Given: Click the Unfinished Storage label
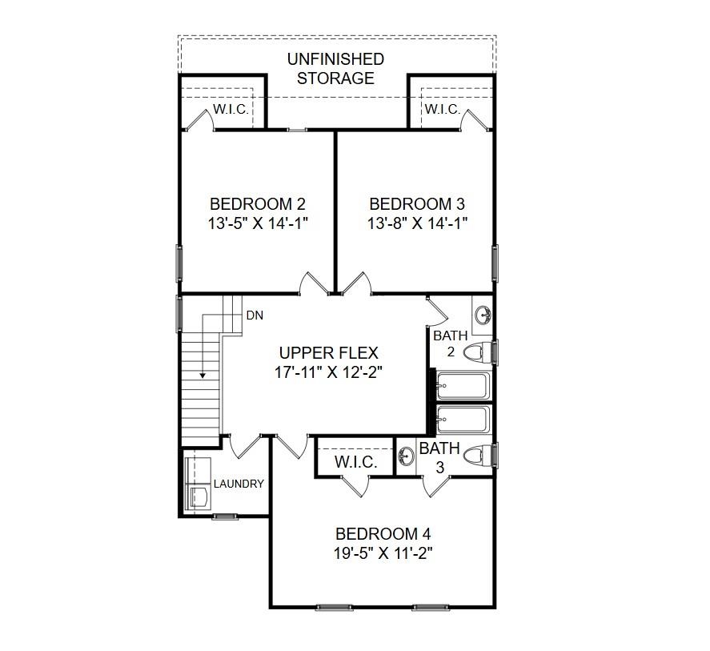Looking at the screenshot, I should coord(336,69).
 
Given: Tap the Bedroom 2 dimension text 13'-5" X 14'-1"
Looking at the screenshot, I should coord(258,223).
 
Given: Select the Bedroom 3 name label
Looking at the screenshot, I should coord(416,204).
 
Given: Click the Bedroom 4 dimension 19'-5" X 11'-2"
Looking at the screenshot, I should coord(384,553).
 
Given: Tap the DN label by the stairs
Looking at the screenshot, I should coord(255,315).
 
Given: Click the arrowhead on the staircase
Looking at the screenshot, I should coord(203,373).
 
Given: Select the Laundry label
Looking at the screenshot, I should coord(239,484).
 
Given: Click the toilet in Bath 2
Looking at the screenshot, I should coord(479,352).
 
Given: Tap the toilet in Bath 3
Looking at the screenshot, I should coord(478,455).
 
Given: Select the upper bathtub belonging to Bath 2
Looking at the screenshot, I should coord(463,386).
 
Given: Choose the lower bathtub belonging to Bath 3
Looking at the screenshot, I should coord(463,419).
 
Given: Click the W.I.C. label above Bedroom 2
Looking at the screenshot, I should coord(230,110).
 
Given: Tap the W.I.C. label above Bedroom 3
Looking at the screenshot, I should coord(443,110).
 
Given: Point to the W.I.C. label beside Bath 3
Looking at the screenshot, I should coord(355,463).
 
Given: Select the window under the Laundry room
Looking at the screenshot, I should coord(224,516).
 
